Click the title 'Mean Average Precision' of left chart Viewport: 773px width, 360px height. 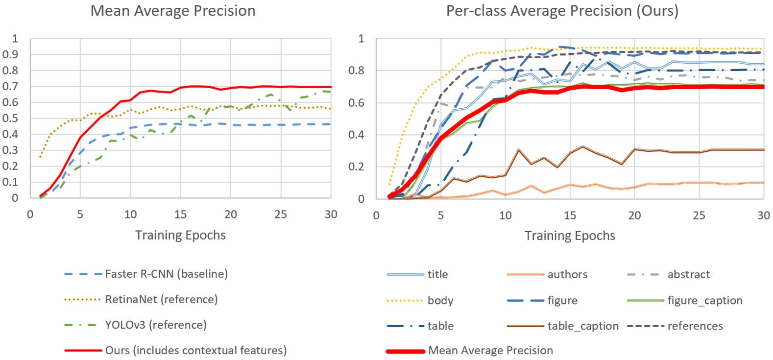point(173,11)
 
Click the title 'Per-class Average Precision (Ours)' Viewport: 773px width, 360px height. point(562,11)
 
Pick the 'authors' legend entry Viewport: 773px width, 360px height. point(567,274)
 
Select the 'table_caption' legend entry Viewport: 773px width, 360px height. point(582,326)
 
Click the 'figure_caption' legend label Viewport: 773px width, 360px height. point(704,300)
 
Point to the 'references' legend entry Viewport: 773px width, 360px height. point(695,326)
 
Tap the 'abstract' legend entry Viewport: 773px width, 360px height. point(688,274)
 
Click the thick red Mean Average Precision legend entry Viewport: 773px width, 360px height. point(490,351)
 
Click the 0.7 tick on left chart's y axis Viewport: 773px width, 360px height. point(14,86)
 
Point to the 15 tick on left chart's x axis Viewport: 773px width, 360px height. point(180,215)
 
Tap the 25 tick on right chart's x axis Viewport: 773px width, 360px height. point(699,216)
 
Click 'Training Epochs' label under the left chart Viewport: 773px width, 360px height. point(180,235)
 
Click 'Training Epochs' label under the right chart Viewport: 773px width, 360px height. point(570,236)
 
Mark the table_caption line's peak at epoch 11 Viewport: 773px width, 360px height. point(518,150)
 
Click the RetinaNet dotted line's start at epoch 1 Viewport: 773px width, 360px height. point(40,157)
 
